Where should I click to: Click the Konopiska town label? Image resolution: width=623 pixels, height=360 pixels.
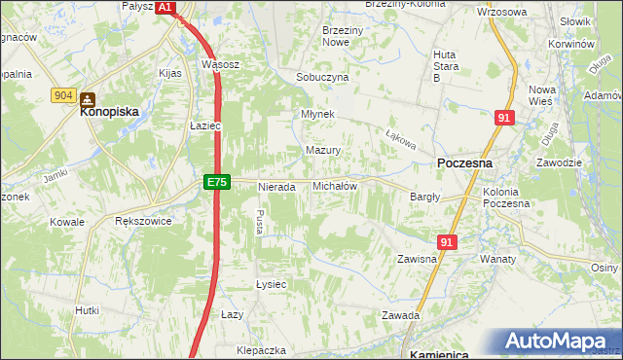tap(109, 112)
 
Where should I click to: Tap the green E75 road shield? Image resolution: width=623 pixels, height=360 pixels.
tap(217, 182)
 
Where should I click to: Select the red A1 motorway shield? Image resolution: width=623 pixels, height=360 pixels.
tap(165, 7)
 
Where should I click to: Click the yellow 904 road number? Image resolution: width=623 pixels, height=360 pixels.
tap(64, 94)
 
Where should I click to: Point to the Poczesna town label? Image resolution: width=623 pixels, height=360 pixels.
tap(464, 164)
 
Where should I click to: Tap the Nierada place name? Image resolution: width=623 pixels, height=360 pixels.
tap(275, 187)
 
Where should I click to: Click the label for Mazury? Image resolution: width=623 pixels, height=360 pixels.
tap(322, 151)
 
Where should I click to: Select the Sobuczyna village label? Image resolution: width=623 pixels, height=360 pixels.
tap(322, 77)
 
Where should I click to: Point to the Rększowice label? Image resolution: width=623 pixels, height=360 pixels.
tap(143, 222)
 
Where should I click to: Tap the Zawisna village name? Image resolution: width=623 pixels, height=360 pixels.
tap(416, 260)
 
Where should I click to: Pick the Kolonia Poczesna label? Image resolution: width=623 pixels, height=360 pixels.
tap(506, 198)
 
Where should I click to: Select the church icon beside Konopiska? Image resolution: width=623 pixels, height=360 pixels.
tap(88, 98)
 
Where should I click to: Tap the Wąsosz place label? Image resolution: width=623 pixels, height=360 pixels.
tap(220, 64)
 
